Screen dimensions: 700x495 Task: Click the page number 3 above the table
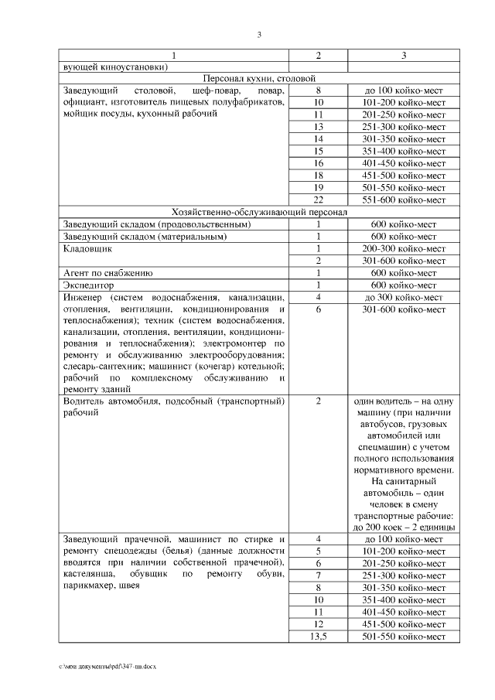coord(260,35)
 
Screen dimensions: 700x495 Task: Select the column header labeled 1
coord(173,56)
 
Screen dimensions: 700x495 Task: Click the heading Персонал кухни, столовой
coord(258,78)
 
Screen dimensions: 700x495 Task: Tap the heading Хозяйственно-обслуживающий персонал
coord(258,212)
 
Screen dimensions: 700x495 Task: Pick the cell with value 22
coord(318,200)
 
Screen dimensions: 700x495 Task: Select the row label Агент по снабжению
coord(108,273)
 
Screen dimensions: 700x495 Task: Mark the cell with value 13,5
coord(318,636)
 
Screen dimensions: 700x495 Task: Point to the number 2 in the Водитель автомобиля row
coord(318,401)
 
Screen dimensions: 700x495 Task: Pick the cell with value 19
coord(318,188)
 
